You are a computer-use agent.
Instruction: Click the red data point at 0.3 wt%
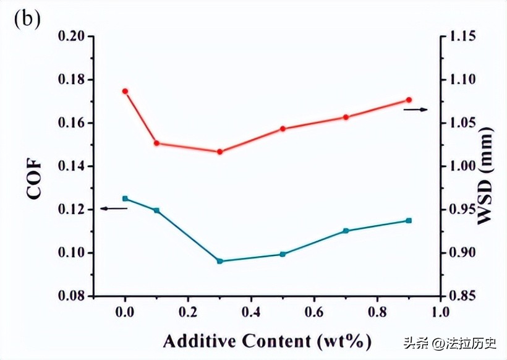[219, 152]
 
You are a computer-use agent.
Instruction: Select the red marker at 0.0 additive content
[125, 91]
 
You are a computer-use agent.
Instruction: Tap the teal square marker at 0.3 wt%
[219, 261]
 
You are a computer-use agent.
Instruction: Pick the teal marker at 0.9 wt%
[409, 220]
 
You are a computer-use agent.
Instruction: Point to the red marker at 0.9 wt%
[409, 100]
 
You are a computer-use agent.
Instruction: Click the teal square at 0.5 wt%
[283, 254]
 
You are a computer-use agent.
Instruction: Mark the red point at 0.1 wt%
[156, 143]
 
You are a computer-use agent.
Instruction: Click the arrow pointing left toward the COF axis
[113, 208]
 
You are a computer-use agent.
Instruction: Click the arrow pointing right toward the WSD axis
[415, 109]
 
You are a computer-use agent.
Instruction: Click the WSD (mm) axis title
[487, 176]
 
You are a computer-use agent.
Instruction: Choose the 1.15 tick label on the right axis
[462, 36]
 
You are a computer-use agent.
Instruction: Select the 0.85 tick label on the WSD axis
[462, 296]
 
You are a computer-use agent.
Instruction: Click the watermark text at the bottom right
[449, 342]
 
